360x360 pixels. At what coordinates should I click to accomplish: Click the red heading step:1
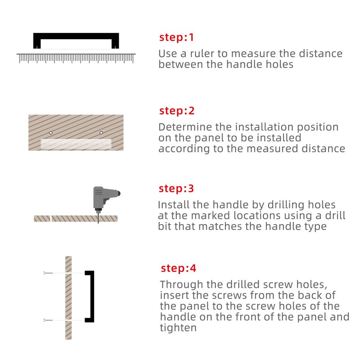176,37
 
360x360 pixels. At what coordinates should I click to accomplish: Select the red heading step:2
177,111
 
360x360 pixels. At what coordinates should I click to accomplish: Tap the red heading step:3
176,189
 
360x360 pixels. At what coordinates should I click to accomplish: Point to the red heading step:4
178,268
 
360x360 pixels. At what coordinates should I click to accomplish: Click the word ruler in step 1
201,54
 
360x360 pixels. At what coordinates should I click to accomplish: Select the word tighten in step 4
178,328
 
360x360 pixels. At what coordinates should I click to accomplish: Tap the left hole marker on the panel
51,133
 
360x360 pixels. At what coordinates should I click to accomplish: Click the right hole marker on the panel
101,133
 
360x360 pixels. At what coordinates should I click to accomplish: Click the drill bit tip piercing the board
98,223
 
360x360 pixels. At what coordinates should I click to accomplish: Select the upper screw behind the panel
48,273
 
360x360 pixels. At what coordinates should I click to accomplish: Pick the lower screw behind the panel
48,320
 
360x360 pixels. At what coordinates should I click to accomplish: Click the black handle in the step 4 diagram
92,297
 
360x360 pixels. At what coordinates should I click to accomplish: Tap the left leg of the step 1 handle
37,41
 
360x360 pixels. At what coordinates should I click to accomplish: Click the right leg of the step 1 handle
115,41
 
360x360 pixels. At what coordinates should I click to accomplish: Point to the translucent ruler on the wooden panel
76,144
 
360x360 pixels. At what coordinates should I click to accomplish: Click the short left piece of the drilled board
42,219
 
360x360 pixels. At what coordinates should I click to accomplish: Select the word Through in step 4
182,285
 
